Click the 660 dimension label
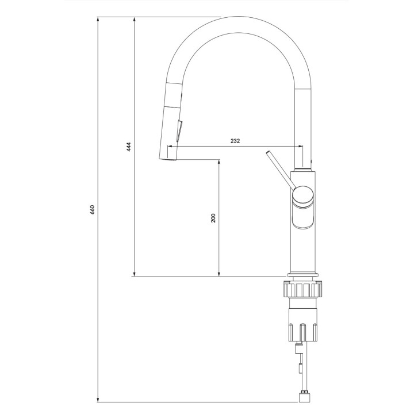(92, 209)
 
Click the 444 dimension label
(129, 147)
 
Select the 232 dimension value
(235, 140)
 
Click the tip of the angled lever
(268, 153)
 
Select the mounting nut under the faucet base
(303, 289)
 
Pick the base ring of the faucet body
(303, 274)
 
